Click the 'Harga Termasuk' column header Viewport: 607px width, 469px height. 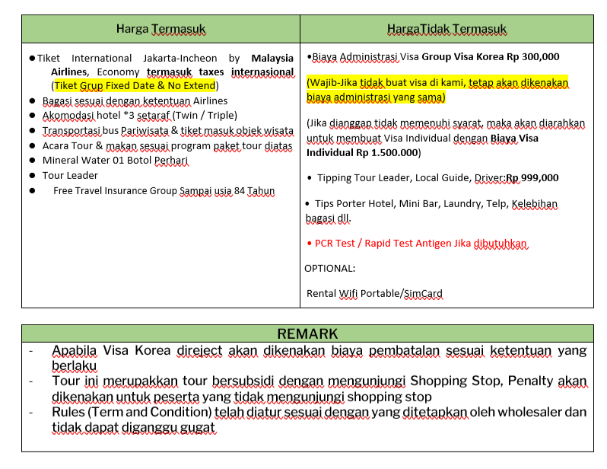click(x=160, y=29)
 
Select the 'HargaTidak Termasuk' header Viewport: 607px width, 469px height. click(x=447, y=29)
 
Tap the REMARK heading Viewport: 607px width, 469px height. click(x=307, y=334)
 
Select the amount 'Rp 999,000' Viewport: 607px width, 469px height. click(x=532, y=178)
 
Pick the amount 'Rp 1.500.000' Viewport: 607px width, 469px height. click(x=383, y=152)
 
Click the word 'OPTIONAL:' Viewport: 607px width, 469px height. click(x=329, y=268)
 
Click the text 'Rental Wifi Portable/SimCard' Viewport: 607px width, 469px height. click(x=374, y=293)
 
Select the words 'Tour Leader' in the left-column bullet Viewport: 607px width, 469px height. click(x=70, y=175)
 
